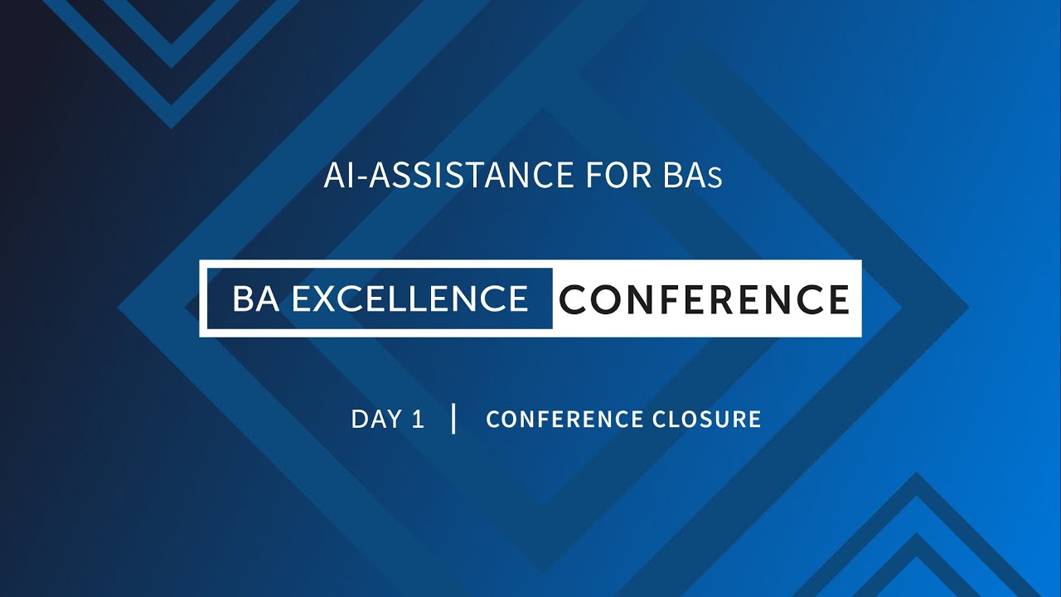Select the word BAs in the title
(692, 176)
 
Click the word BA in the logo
(255, 298)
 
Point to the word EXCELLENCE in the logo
(410, 298)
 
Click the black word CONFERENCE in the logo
(705, 298)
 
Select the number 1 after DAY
(417, 419)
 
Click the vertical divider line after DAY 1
(453, 418)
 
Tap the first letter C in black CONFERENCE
(574, 298)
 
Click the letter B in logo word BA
(244, 298)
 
